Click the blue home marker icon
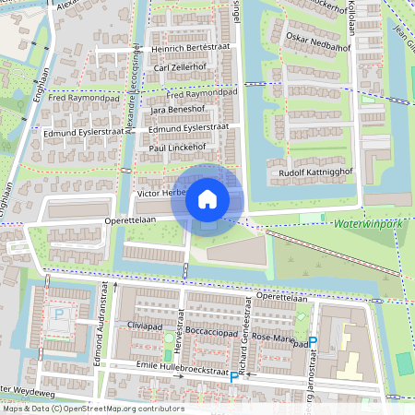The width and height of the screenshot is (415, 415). point(207,198)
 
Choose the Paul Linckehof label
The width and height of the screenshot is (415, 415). point(182,148)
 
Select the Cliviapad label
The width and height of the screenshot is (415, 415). point(145,326)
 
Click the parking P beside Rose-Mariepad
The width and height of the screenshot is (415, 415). point(313,342)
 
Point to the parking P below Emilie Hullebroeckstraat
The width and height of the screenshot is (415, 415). point(234,378)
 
